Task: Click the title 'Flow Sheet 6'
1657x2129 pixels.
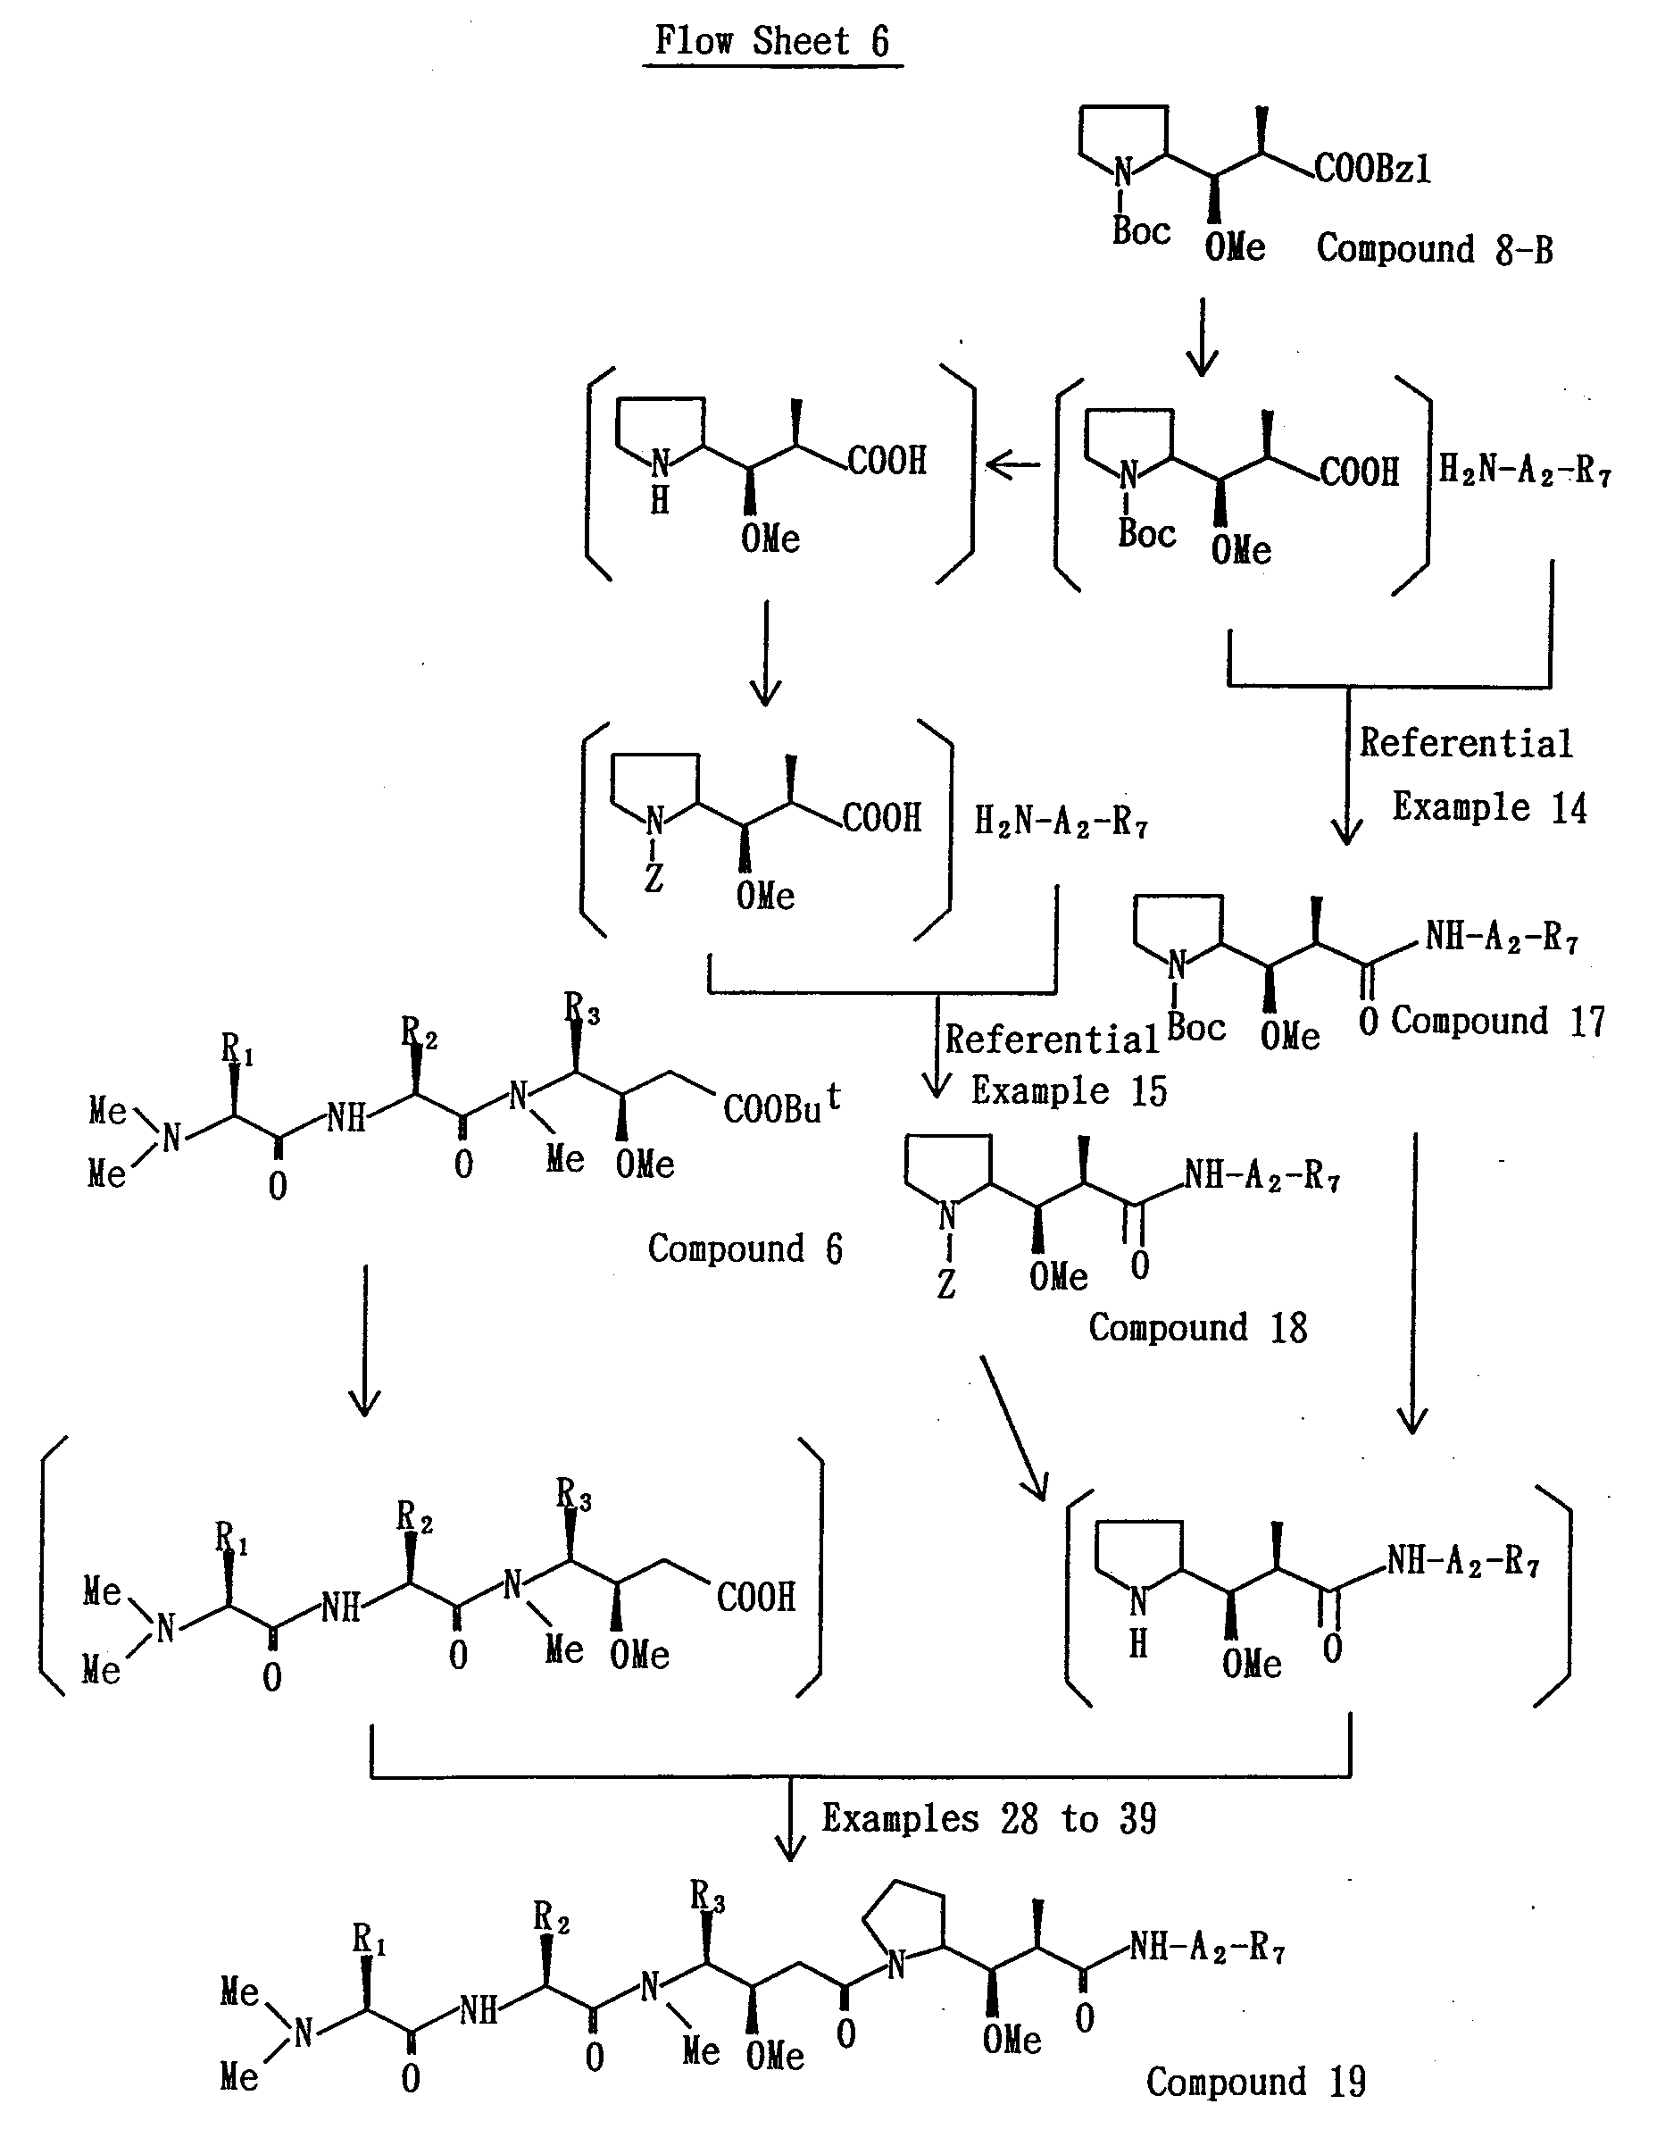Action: tap(772, 41)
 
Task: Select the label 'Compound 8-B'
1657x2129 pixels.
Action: tap(1434, 249)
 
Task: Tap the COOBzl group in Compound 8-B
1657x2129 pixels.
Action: tap(1372, 170)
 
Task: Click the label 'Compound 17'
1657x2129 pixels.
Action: tap(1497, 1022)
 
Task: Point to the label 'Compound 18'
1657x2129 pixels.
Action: tap(1197, 1328)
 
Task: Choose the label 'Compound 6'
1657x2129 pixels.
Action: tap(745, 1248)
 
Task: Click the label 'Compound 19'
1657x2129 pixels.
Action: tap(1255, 2083)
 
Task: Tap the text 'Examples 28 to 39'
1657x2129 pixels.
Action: tap(988, 1819)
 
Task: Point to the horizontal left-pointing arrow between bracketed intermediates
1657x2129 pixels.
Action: tap(1013, 465)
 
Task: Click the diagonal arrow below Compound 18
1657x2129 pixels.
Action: tap(1013, 1428)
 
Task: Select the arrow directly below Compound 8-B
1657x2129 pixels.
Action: tap(1202, 338)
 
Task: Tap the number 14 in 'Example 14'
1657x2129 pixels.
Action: tap(1569, 808)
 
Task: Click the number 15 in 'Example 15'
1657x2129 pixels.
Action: tap(1149, 1090)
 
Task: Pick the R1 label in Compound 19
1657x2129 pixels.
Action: tap(370, 1940)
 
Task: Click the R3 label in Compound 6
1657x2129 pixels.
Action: tap(582, 1009)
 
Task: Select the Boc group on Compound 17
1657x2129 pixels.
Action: tap(1195, 1028)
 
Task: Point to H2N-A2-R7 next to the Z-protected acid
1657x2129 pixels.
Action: tap(1061, 822)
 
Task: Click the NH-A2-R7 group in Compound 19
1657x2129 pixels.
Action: tap(1207, 1949)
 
